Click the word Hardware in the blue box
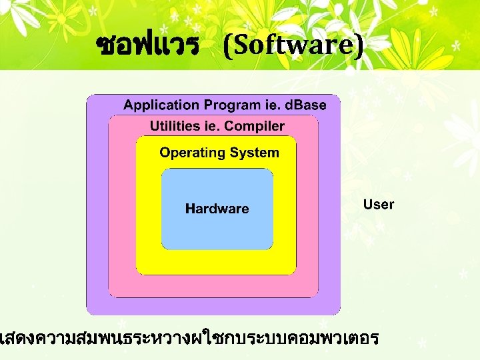[217, 209]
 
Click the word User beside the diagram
[379, 205]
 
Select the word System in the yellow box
[254, 153]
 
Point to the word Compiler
[257, 126]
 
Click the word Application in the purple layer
[161, 105]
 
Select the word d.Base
[305, 105]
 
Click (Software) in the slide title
[294, 45]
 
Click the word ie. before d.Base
[271, 105]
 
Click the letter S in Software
[239, 45]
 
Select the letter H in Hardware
[190, 209]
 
